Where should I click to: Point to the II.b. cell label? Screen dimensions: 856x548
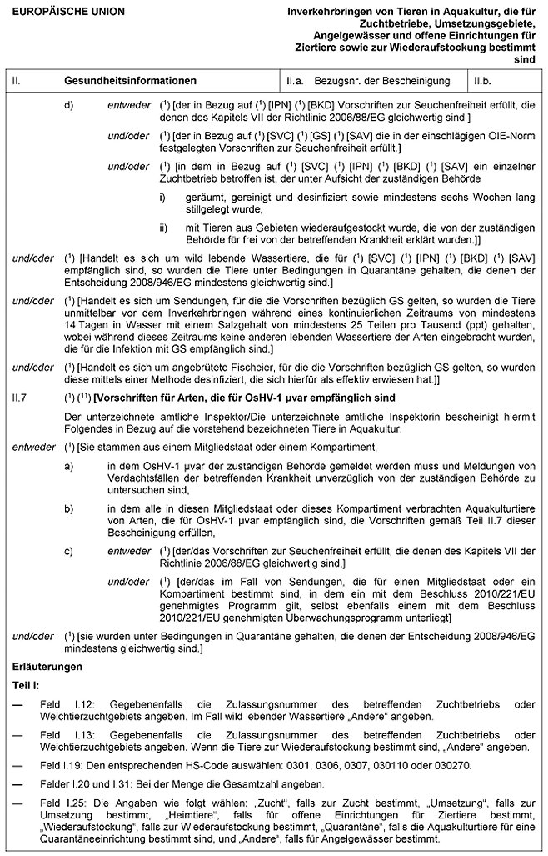coord(483,81)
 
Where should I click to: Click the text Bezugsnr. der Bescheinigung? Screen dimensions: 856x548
coord(382,81)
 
